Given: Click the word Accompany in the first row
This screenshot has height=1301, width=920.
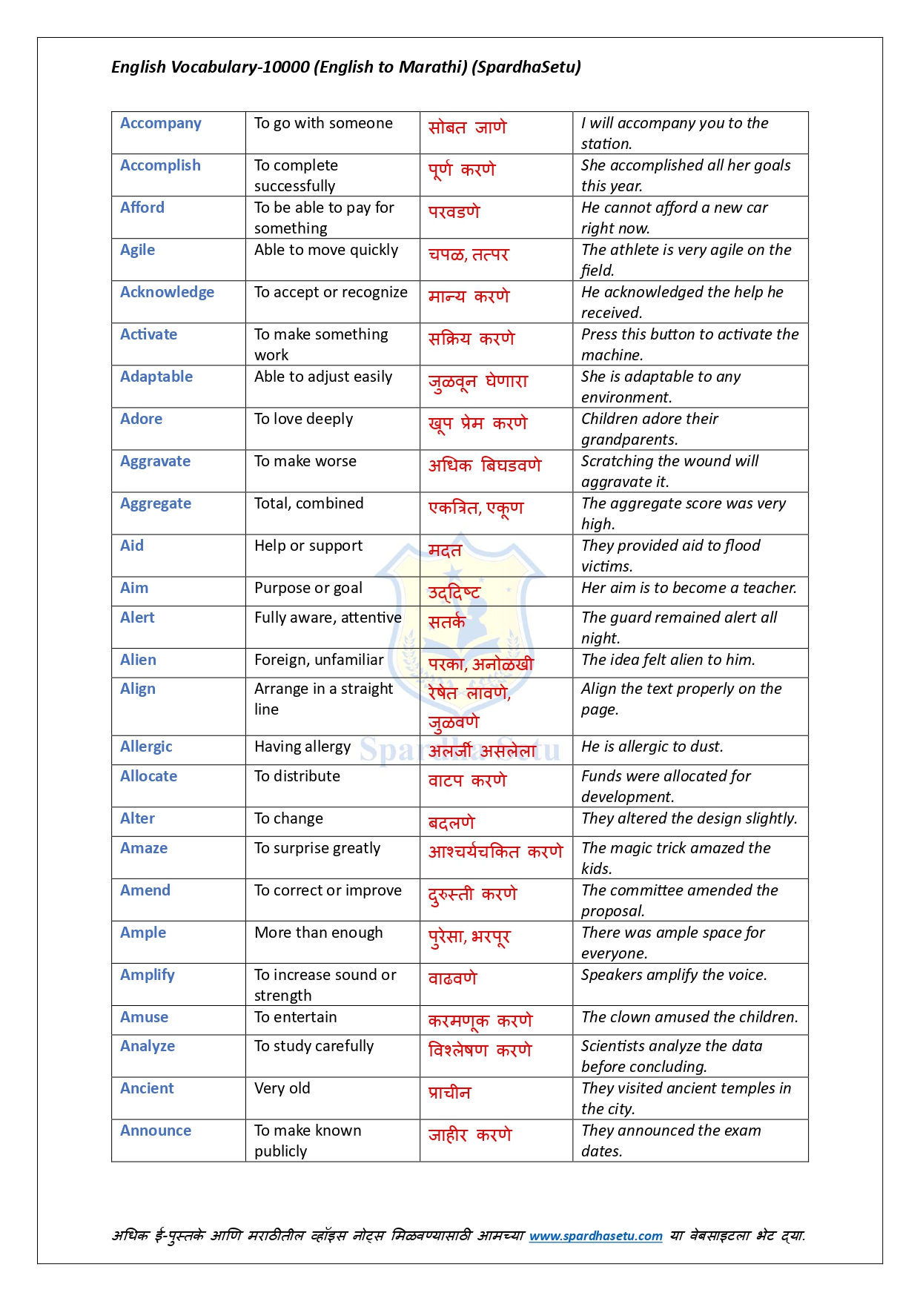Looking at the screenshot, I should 160,123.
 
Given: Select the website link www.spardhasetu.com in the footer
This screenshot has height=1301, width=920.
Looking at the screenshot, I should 595,1236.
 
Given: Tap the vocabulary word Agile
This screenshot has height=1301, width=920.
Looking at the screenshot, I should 138,250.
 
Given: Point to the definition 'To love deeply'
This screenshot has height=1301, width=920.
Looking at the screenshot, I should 303,419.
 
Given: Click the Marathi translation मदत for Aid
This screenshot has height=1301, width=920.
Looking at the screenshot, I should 445,550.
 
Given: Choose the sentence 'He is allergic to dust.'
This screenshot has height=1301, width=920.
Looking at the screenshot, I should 652,746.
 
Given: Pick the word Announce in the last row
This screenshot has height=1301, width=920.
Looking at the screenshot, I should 156,1130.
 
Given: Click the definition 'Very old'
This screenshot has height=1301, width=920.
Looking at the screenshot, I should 282,1088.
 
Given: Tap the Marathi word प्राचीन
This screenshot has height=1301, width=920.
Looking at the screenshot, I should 449,1093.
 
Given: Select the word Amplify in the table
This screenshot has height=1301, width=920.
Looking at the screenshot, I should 148,975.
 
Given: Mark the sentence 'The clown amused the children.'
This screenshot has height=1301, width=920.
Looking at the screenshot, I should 689,1017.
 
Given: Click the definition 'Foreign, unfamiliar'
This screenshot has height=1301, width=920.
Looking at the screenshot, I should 319,660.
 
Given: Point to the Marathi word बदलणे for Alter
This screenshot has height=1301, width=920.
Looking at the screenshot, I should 451,823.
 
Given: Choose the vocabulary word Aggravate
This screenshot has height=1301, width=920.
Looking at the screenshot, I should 155,461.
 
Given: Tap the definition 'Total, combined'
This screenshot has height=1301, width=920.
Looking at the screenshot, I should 308,503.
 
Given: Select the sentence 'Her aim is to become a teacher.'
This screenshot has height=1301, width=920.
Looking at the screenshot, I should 689,588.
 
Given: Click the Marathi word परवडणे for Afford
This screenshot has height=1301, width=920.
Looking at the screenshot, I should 454,212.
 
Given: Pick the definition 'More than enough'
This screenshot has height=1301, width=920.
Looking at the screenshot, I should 318,933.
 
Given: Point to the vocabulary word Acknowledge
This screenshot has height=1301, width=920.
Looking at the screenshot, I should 167,292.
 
